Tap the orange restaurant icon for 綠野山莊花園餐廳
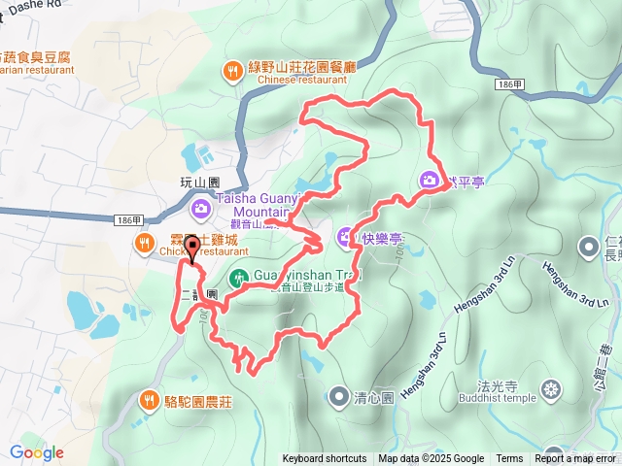coord(232,70)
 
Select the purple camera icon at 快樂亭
coord(345,236)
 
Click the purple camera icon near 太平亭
coord(430,180)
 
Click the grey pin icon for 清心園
coord(338,396)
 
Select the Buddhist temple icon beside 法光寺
coord(552,391)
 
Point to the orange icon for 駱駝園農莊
coord(149,399)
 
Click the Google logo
coord(37,452)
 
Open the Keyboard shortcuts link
coord(325,459)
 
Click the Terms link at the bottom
coord(509,459)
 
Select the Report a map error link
coord(576,459)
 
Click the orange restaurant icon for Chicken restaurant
coord(145,243)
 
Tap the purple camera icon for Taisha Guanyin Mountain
coord(200,207)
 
